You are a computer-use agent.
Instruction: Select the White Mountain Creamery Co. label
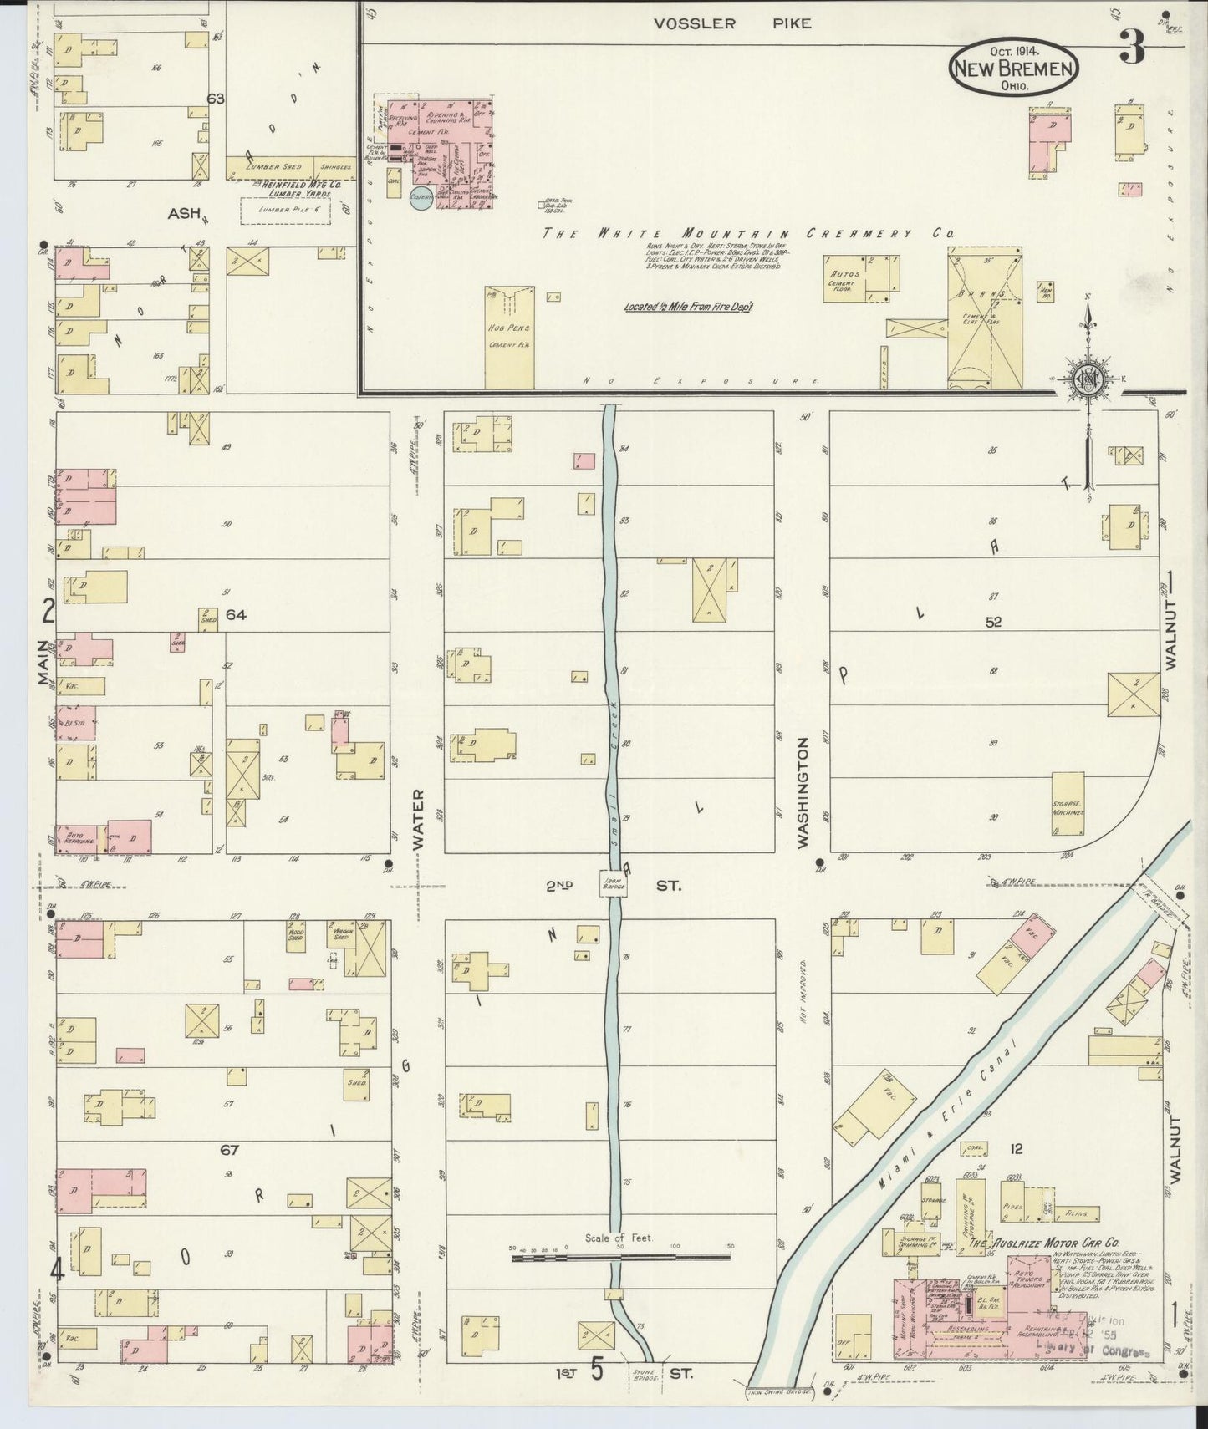[x=748, y=234]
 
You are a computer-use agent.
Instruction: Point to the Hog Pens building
[x=509, y=338]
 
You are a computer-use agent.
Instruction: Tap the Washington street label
[x=803, y=792]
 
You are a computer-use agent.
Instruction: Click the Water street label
[x=418, y=819]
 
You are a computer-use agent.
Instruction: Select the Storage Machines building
[x=1068, y=803]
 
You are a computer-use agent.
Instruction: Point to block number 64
[x=237, y=615]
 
